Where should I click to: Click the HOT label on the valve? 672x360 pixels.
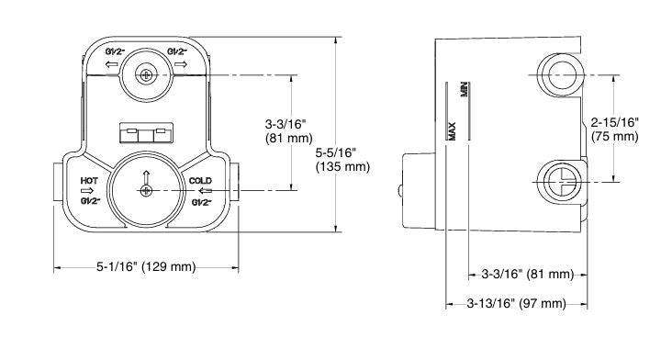89,181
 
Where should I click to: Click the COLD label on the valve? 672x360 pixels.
200,181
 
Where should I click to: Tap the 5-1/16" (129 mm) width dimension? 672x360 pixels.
146,267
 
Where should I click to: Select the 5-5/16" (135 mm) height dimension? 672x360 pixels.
342,159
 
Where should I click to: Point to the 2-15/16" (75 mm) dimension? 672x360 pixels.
615,129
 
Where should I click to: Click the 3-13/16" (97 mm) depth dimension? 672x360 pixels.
517,303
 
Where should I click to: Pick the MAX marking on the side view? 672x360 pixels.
452,131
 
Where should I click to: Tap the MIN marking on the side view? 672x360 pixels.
465,90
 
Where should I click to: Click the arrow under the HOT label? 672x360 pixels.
87,191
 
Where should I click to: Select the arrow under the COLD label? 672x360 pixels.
206,191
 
